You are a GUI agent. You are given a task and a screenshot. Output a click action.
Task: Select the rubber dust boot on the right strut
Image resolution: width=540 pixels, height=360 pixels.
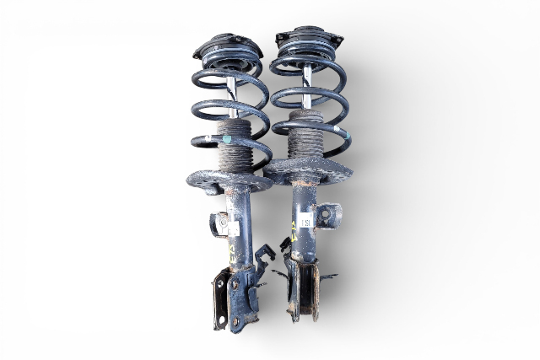click(x=306, y=135)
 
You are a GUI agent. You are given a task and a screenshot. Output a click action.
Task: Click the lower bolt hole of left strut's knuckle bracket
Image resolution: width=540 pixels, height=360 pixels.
click(x=220, y=318)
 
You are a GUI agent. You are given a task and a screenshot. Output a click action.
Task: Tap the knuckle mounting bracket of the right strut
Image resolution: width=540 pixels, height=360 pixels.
click(x=304, y=291)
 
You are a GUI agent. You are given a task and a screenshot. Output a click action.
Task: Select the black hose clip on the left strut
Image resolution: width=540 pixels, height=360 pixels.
click(x=264, y=253)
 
